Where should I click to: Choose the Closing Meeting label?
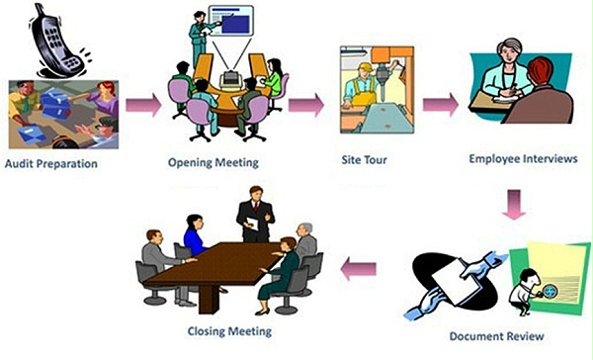228,330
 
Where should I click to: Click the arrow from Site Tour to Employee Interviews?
441,103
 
